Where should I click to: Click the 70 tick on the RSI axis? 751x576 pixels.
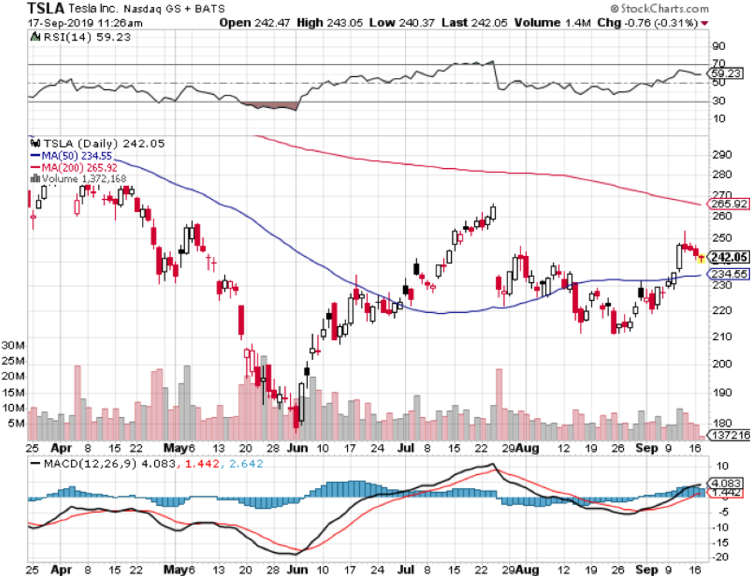pos(718,63)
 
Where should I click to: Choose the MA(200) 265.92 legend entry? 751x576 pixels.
pos(78,167)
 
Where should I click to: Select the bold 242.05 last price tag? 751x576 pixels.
pos(726,258)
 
